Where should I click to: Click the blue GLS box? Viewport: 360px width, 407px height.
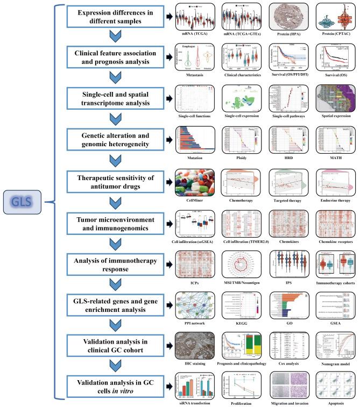pyautogui.click(x=25, y=203)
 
